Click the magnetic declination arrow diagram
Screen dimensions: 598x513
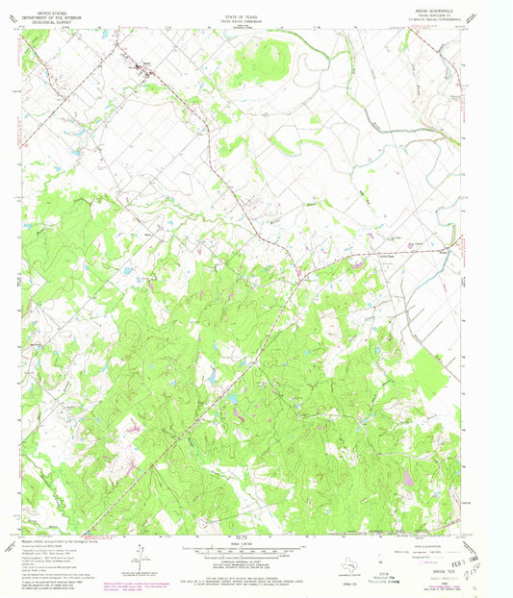[141, 556]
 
